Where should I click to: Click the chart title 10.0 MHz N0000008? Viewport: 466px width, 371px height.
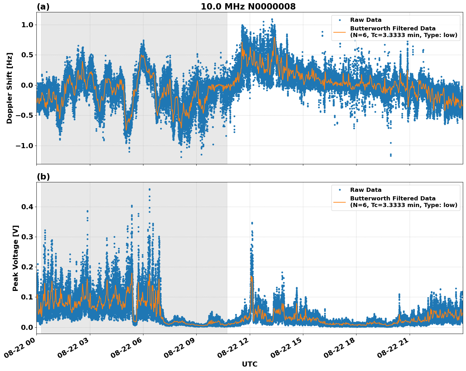(x=248, y=7)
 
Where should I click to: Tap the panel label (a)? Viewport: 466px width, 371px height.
(x=43, y=7)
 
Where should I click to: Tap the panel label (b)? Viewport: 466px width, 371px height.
(x=43, y=177)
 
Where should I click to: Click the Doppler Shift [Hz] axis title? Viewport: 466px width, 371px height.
(x=9, y=88)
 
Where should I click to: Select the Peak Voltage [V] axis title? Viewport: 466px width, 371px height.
(x=16, y=258)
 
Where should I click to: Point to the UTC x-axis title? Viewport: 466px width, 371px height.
(x=249, y=364)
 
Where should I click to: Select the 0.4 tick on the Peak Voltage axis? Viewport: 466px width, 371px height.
(x=27, y=207)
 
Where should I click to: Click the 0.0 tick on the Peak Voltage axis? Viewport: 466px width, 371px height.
(x=27, y=327)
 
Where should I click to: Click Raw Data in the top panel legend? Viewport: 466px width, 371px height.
(x=366, y=20)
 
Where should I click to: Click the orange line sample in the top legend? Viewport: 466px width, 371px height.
(x=339, y=32)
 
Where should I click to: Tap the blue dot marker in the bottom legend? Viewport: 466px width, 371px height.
(x=339, y=190)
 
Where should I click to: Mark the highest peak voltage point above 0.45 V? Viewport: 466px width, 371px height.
(x=149, y=189)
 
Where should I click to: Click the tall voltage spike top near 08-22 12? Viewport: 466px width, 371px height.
(x=252, y=223)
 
